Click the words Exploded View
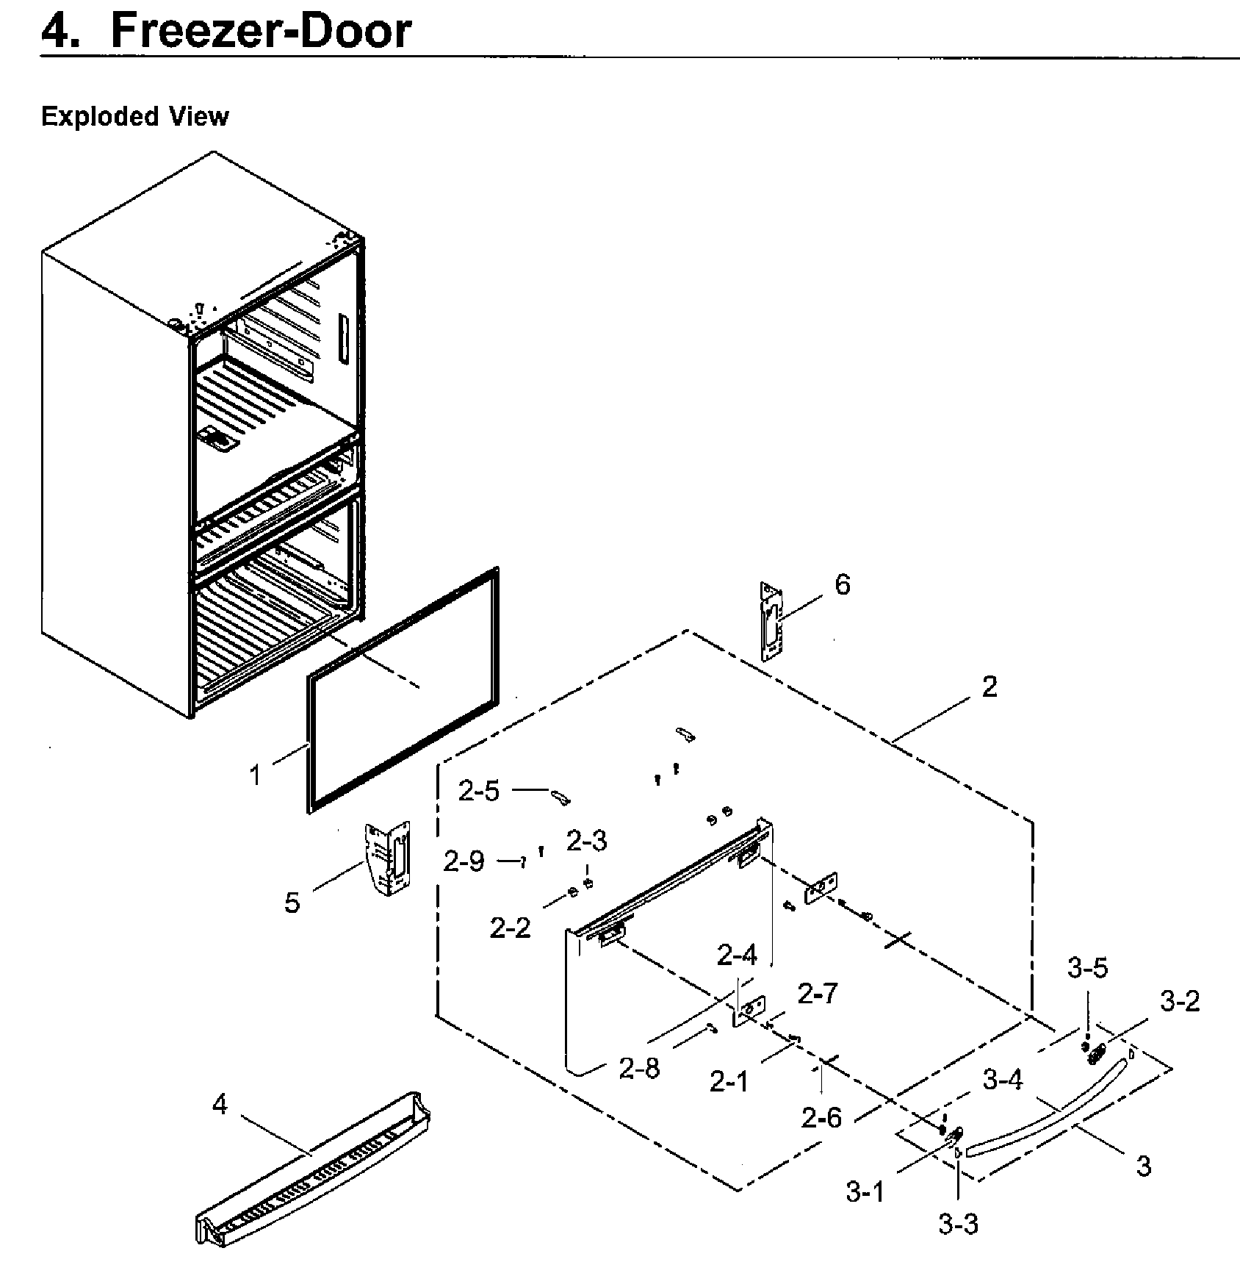point(134,117)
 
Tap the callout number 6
point(842,585)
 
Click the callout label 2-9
point(464,861)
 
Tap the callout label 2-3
point(586,841)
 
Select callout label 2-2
point(510,928)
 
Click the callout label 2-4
point(737,956)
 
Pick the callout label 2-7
point(818,994)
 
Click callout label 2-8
point(639,1069)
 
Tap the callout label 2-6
point(821,1119)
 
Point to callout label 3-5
point(1087,969)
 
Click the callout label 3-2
point(1180,1000)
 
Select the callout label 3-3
point(958,1224)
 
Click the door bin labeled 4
point(312,1176)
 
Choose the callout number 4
point(220,1104)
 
